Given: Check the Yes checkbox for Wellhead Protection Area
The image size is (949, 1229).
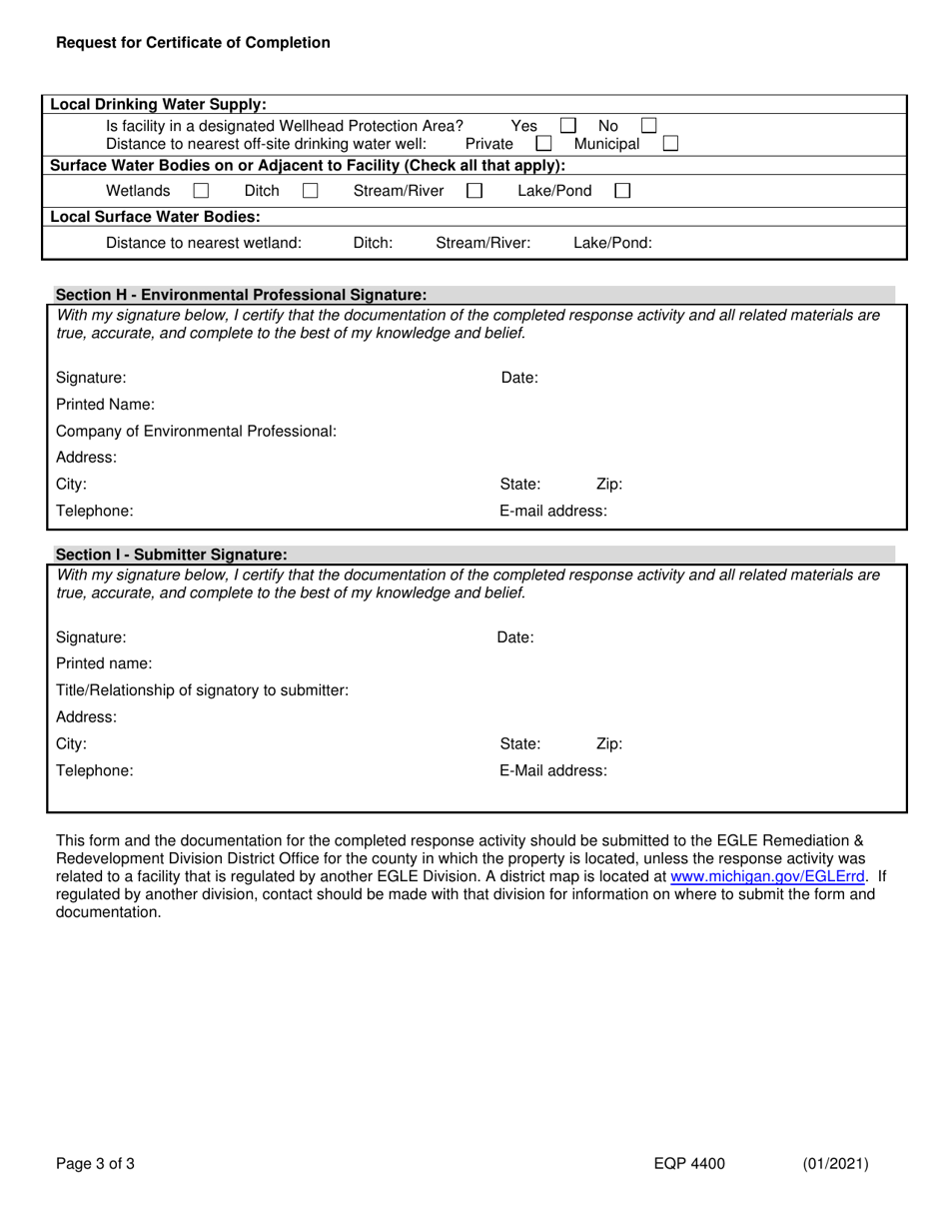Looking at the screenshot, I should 567,126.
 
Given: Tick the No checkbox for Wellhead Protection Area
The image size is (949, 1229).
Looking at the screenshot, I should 648,126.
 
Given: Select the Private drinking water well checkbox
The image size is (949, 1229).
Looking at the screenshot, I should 543,144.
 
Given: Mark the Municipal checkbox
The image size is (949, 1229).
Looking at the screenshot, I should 670,144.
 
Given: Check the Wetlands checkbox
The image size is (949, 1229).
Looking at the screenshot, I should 201,191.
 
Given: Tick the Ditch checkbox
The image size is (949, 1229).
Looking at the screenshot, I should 311,191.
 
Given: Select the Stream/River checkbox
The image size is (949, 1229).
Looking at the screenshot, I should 474,191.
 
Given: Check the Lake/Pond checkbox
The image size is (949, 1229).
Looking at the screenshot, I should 622,191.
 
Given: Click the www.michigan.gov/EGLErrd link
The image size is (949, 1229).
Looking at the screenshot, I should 767,876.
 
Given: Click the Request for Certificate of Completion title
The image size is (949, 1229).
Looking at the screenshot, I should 193,43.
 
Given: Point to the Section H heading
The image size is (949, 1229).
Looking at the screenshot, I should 241,295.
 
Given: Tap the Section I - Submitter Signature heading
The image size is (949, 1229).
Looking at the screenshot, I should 171,555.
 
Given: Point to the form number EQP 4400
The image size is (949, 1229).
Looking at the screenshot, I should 689,1163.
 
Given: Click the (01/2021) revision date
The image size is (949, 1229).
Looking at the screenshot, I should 835,1163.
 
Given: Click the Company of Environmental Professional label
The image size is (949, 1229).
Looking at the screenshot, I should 196,432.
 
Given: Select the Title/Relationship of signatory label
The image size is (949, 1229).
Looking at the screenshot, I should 202,690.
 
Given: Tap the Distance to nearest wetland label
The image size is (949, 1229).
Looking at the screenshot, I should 203,243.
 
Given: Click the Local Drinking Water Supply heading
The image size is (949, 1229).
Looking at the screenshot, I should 158,104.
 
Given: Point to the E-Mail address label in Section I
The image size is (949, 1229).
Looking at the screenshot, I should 552,770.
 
